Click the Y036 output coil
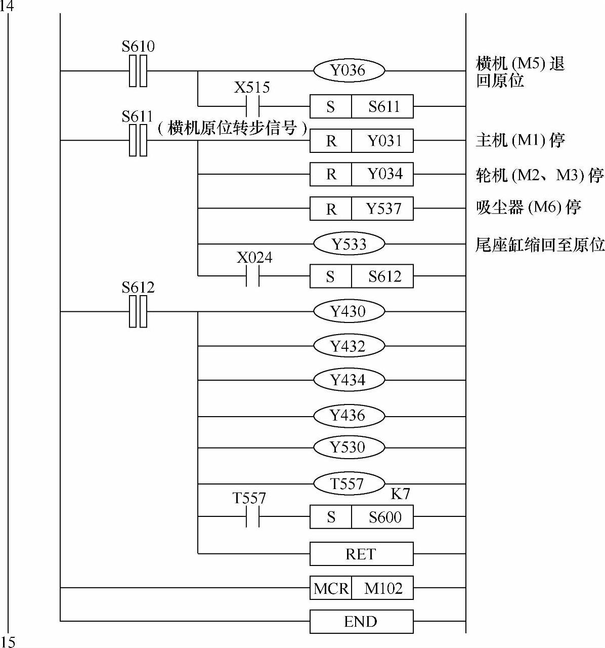pyautogui.click(x=349, y=70)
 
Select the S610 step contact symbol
pyautogui.click(x=138, y=70)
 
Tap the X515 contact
pyautogui.click(x=252, y=106)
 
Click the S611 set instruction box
pyautogui.click(x=361, y=106)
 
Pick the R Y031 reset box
pyautogui.click(x=361, y=141)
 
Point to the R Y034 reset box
pyautogui.click(x=361, y=174)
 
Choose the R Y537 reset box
pyautogui.click(x=361, y=209)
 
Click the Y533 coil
pyautogui.click(x=349, y=244)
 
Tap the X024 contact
pyautogui.click(x=252, y=276)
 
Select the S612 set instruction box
pyautogui.click(x=361, y=276)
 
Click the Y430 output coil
pyautogui.click(x=349, y=311)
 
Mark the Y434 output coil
pyautogui.click(x=349, y=380)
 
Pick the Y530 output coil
pyautogui.click(x=349, y=448)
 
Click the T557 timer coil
pyautogui.click(x=349, y=484)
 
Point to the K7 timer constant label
pyautogui.click(x=400, y=495)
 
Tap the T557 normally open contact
pyautogui.click(x=252, y=517)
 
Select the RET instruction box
pyautogui.click(x=361, y=554)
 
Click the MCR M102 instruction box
pyautogui.click(x=361, y=588)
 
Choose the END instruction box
pyautogui.click(x=361, y=621)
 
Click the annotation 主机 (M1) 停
pyautogui.click(x=520, y=140)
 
